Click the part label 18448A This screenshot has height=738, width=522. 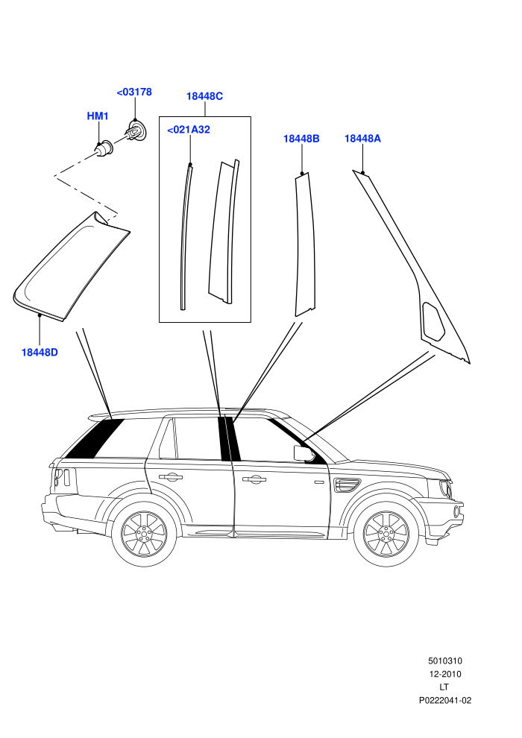coord(362,139)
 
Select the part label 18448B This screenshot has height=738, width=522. coord(301,139)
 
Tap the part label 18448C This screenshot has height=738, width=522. coord(205,96)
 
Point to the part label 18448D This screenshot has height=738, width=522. coord(40,352)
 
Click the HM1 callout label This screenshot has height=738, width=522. coord(98,116)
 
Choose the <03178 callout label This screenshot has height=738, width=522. coord(134,92)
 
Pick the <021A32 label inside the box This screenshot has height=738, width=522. coord(189,130)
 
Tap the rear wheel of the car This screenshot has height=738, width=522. coord(144,535)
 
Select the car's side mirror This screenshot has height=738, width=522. coord(304,452)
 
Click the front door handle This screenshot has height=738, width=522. coord(254,479)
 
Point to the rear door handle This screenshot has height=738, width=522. coord(171,477)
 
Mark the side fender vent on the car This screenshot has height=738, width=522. coord(347,485)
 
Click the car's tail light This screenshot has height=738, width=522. coord(62,477)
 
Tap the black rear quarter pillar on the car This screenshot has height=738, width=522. coord(94,438)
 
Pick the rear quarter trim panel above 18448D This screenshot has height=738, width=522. coord(71,266)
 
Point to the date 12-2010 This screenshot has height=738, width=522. coord(444,674)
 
